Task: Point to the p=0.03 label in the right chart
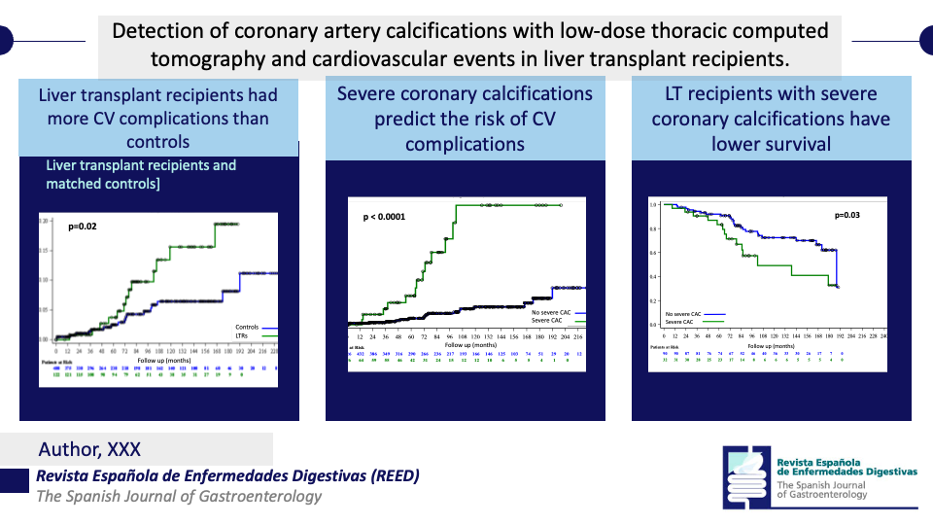pyautogui.click(x=848, y=215)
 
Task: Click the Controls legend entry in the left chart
pyautogui.click(x=250, y=327)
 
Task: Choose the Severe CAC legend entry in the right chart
pyautogui.click(x=680, y=321)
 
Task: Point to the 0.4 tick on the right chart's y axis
pyautogui.click(x=654, y=276)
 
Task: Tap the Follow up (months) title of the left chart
pyautogui.click(x=162, y=360)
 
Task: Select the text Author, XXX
pyautogui.click(x=89, y=449)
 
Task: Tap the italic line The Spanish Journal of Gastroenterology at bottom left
pyautogui.click(x=178, y=497)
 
